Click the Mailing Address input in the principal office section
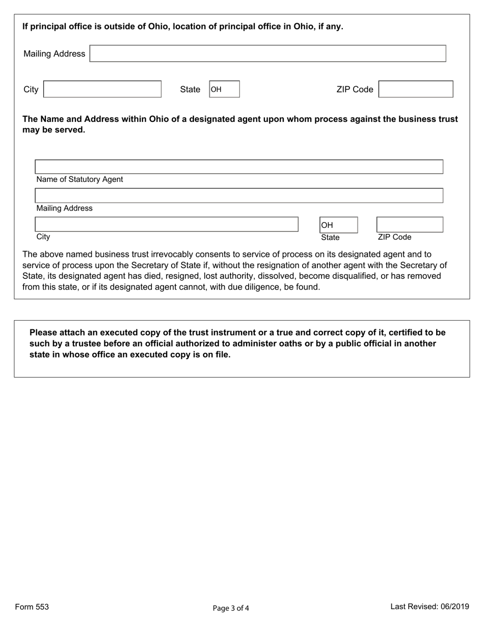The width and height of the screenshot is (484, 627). [267, 54]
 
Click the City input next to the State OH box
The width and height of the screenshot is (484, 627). [102, 89]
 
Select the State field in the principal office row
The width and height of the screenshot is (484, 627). [224, 90]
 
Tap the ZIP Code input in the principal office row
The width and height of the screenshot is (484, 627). [416, 89]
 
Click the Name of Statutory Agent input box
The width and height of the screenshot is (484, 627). [238, 167]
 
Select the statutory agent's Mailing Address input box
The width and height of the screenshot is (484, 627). [238, 195]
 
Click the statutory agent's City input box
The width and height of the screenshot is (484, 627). [166, 224]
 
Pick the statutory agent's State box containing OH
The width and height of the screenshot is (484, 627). [338, 225]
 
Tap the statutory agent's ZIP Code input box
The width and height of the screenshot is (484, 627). [409, 225]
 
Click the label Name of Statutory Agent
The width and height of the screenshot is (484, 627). [79, 179]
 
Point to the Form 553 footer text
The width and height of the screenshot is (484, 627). [32, 607]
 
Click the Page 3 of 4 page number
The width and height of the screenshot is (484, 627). [231, 608]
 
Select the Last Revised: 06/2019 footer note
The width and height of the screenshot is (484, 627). [429, 607]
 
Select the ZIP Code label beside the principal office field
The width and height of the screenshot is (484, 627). [355, 90]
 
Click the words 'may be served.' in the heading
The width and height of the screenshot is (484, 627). [53, 130]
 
